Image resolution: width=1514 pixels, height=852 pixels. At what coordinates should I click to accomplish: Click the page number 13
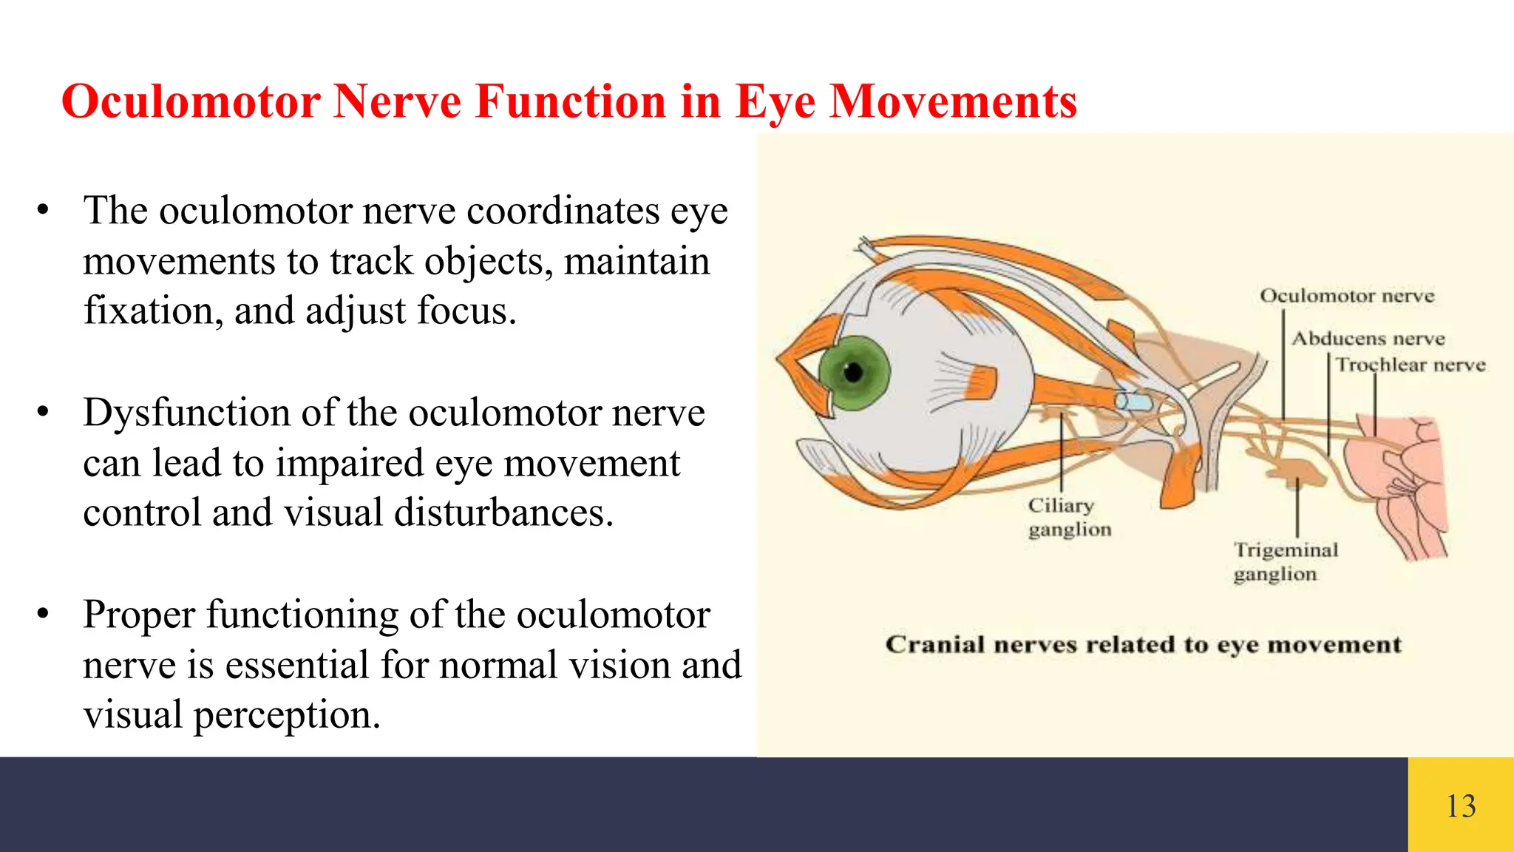(1461, 806)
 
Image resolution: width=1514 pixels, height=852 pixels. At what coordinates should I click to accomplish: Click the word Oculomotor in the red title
(191, 101)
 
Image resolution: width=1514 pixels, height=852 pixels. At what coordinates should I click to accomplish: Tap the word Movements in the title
(953, 101)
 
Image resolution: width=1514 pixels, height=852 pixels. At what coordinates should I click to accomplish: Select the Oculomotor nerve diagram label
(1347, 296)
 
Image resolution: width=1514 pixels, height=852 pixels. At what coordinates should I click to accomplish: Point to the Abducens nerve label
(1368, 339)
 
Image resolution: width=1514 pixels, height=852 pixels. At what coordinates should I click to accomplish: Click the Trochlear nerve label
(1411, 365)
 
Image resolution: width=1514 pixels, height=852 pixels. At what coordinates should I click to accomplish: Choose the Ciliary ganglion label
(1068, 517)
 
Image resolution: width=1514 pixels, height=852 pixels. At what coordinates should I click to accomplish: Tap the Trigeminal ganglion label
(1285, 561)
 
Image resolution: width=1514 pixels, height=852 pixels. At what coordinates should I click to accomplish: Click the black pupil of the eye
(853, 372)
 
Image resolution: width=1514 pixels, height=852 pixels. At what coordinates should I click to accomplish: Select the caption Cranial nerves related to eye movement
(1143, 644)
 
